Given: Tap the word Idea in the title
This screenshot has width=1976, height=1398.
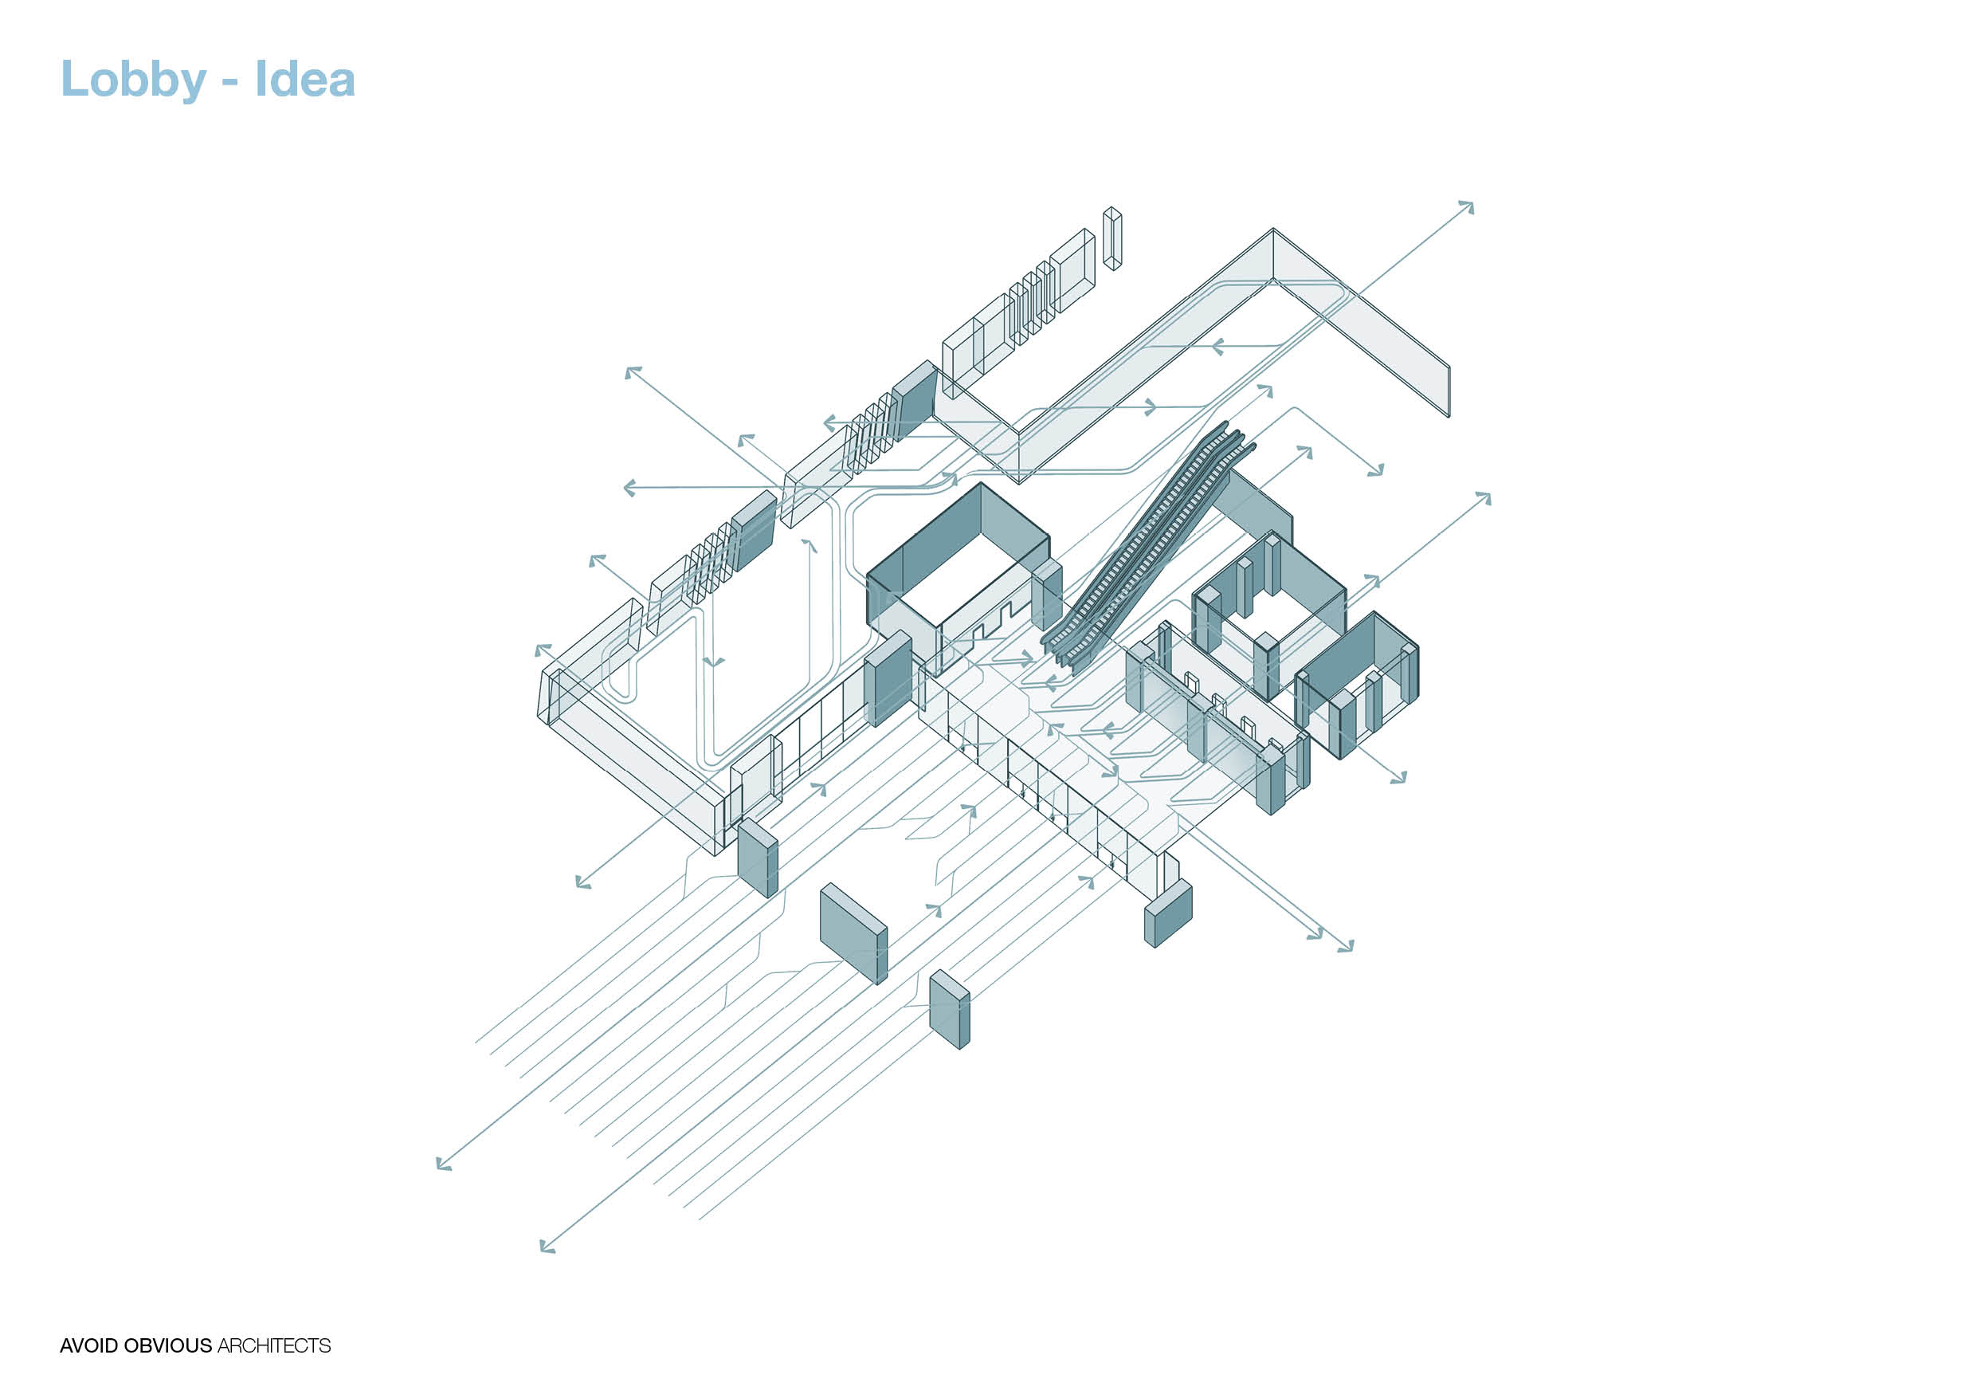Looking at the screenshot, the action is click(x=304, y=79).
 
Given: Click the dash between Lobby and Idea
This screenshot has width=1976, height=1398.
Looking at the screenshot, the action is click(x=229, y=84).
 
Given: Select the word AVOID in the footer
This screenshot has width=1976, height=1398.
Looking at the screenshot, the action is click(x=89, y=1345).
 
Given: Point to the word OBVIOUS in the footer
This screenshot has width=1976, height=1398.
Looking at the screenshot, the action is click(x=168, y=1345).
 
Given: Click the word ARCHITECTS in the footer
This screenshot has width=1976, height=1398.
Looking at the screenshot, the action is click(x=273, y=1345).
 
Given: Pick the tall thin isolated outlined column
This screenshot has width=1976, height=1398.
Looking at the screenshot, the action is click(x=1112, y=238).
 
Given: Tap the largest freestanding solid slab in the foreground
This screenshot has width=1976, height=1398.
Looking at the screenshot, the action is click(x=853, y=933).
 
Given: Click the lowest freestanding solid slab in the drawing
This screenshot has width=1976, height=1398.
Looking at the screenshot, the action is click(x=949, y=1009).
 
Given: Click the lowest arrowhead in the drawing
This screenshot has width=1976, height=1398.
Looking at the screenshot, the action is click(x=547, y=1246).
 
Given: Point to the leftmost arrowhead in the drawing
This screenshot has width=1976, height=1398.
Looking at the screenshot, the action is click(x=443, y=1164).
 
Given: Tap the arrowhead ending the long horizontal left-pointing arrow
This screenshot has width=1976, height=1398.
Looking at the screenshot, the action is click(x=629, y=488).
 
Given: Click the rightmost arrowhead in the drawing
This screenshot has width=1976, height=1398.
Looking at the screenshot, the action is click(x=1484, y=497).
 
